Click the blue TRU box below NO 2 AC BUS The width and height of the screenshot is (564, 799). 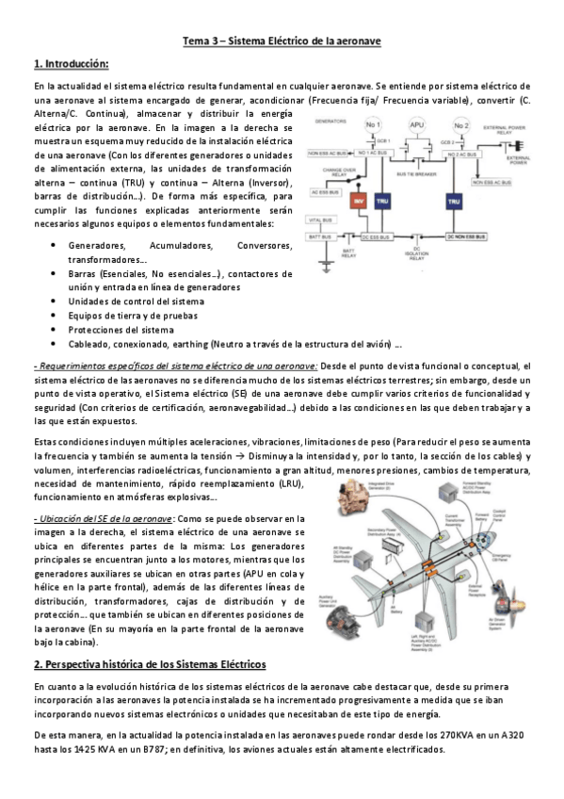pos(454,202)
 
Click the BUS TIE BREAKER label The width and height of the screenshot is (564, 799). pos(415,175)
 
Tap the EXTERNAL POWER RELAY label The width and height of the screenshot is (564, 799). pos(508,130)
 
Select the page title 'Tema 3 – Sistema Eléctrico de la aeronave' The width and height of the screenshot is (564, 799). pos(282,41)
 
